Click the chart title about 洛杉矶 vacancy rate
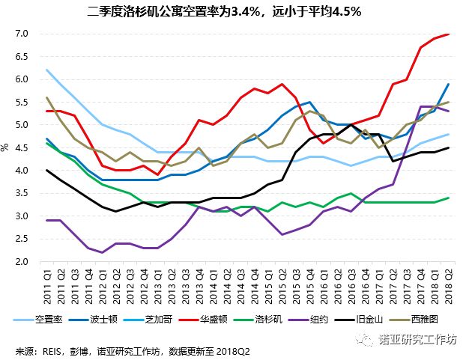pyautogui.click(x=225, y=11)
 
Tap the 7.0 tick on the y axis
pyautogui.click(x=21, y=34)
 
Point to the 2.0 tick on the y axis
pyautogui.click(x=21, y=262)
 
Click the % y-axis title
pyautogui.click(x=6, y=148)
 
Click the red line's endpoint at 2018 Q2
pyautogui.click(x=449, y=34)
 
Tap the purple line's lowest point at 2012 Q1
pyautogui.click(x=102, y=252)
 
